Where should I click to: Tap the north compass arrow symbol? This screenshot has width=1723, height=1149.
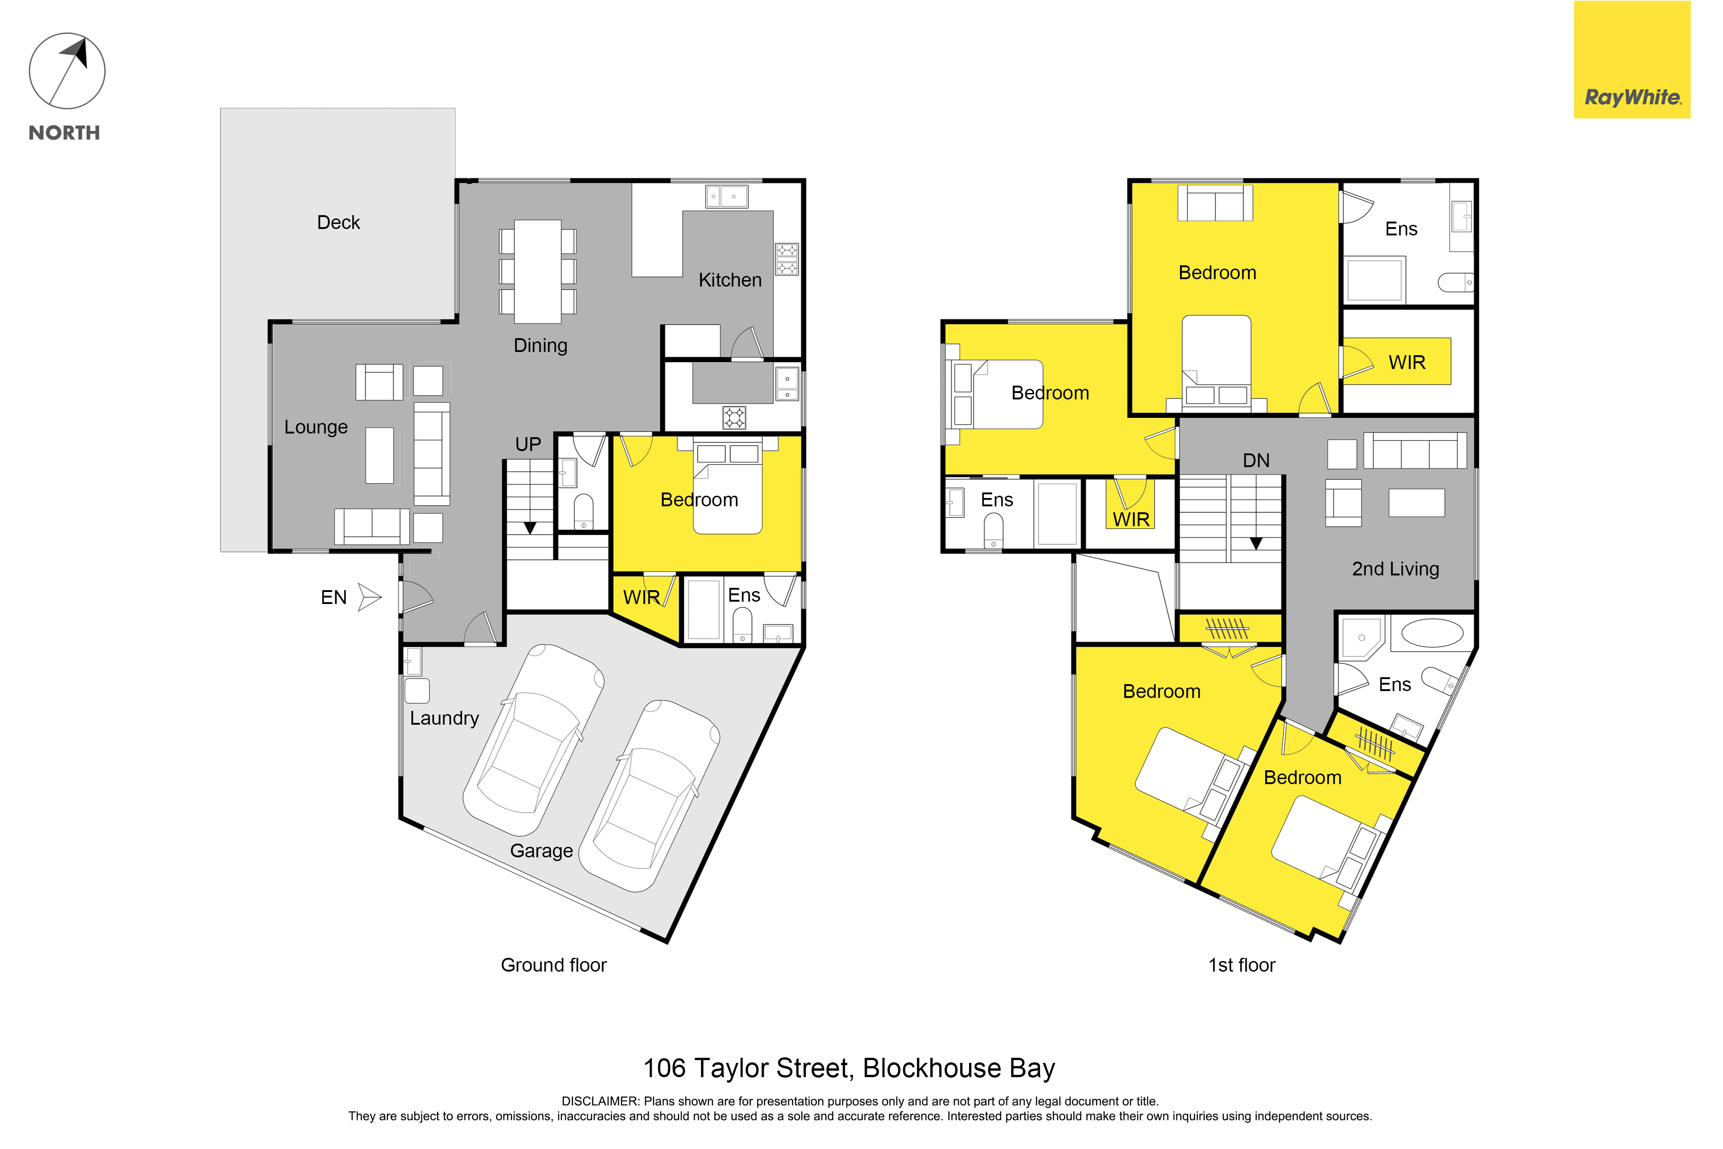67,71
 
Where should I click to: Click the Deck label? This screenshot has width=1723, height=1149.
339,223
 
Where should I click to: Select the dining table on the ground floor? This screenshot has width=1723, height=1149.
537,272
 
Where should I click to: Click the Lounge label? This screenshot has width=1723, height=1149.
316,427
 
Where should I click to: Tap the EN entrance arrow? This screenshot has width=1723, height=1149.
370,597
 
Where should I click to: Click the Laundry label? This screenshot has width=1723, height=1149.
444,718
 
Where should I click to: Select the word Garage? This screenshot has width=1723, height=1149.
541,851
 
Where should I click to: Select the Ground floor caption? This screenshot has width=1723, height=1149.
554,965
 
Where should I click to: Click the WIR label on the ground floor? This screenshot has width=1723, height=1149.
641,597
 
